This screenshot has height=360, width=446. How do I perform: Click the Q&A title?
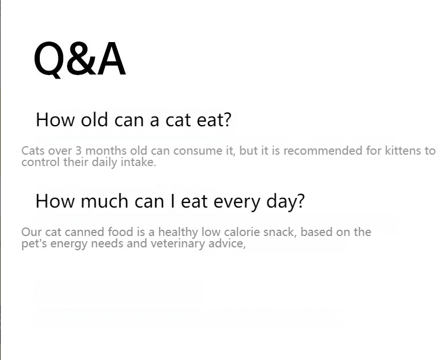[x=79, y=60]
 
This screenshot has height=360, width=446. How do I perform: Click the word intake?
[x=139, y=162]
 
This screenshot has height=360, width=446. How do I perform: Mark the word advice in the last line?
[x=228, y=244]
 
